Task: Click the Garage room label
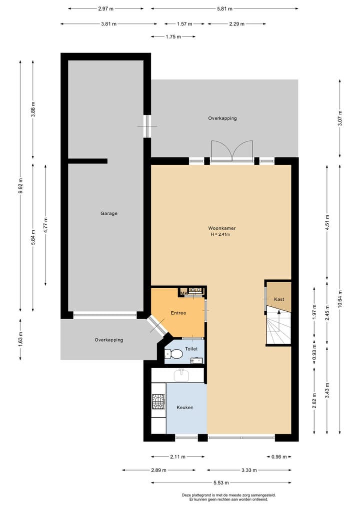coord(109,213)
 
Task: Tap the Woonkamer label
coord(222,228)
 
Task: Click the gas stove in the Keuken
coord(158,401)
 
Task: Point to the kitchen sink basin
coord(181,375)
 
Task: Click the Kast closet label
coord(279,299)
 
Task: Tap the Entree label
coord(178,313)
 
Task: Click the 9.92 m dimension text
coord(20,186)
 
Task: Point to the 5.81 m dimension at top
coord(224,9)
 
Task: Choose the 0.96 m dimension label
coord(279,457)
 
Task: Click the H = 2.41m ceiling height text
coord(220,234)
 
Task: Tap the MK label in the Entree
coord(184,293)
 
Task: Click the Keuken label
coord(185,407)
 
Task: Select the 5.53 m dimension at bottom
coord(221,483)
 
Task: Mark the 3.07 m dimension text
coord(339,118)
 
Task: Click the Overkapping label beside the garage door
coord(109,340)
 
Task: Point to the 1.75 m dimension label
coord(173,36)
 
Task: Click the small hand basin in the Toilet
coord(197,360)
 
